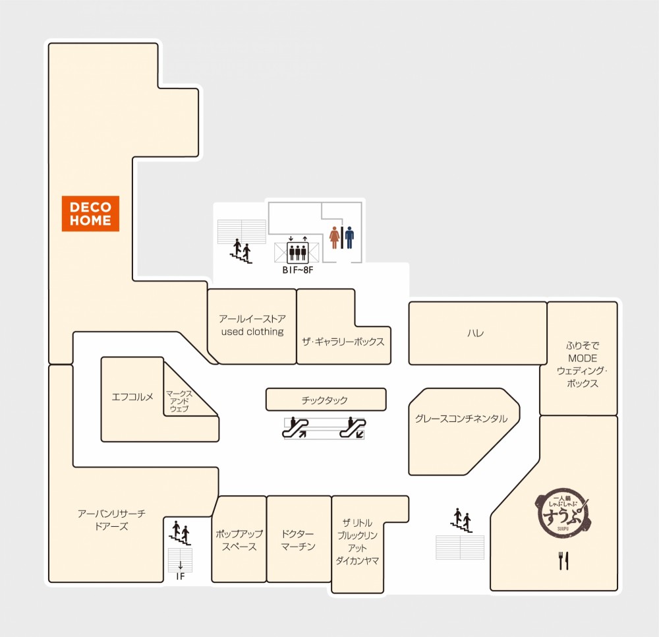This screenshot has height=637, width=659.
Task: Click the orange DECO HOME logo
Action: point(90,214)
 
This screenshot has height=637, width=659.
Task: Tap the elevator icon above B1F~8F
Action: point(298,253)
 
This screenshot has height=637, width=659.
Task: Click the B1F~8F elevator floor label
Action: point(298,270)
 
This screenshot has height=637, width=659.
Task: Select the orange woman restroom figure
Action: point(335,238)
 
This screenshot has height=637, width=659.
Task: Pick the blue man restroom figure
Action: point(349,238)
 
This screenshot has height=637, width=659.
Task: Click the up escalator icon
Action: point(295,427)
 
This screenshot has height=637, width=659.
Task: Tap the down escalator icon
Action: point(353,427)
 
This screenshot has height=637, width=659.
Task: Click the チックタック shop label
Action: point(324,400)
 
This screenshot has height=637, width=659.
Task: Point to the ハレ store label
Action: point(476,334)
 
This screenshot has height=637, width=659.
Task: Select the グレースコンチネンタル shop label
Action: point(461,419)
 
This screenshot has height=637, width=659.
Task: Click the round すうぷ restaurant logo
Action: point(563,515)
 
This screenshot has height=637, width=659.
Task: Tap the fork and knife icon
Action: point(563,561)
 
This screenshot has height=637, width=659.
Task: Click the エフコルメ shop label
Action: point(132,397)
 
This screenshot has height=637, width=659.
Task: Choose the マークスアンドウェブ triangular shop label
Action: point(179,401)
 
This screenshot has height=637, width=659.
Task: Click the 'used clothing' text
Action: point(252,332)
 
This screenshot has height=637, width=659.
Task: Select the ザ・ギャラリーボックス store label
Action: point(343,342)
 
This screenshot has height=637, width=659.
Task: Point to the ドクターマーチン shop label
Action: point(298,540)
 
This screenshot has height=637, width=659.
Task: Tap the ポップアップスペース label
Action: point(239,540)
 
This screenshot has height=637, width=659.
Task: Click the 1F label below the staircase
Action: point(181,576)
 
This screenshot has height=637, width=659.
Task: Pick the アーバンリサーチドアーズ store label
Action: point(111,520)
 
